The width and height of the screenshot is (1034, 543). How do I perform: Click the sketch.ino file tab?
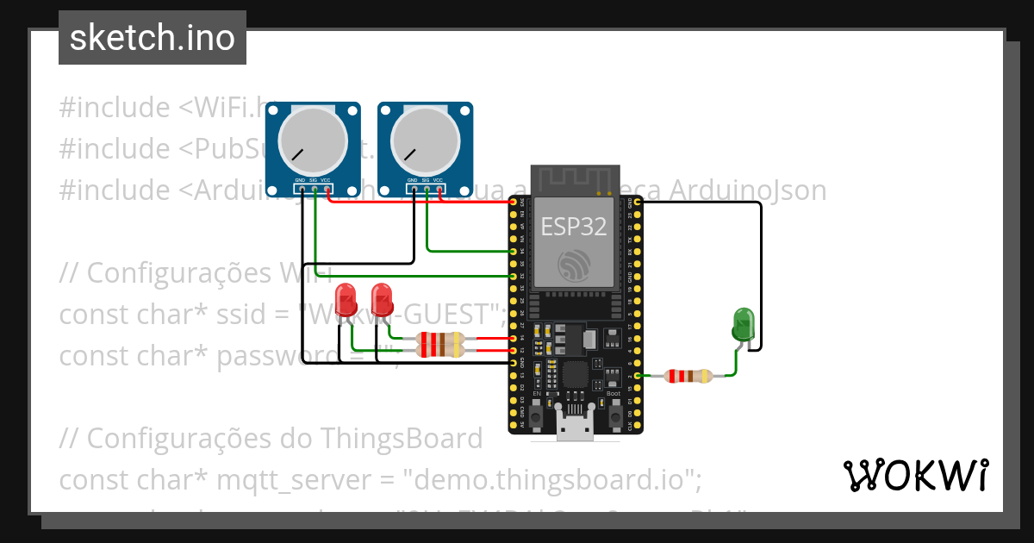click(153, 38)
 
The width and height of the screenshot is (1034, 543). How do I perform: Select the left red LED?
click(346, 299)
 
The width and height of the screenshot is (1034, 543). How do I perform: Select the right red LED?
click(381, 299)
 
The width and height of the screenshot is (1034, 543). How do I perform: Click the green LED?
click(742, 324)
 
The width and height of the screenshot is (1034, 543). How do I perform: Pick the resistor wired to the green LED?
click(688, 376)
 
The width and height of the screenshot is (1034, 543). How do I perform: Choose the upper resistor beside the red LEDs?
click(439, 339)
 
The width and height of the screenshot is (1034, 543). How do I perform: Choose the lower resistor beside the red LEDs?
click(439, 350)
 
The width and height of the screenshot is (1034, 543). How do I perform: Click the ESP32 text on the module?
click(573, 226)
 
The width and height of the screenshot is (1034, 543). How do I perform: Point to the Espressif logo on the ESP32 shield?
click(573, 265)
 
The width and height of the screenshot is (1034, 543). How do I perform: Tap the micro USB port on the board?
click(575, 428)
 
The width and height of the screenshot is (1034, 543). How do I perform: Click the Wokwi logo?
click(915, 475)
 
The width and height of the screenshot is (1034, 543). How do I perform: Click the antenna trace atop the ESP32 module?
click(573, 180)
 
